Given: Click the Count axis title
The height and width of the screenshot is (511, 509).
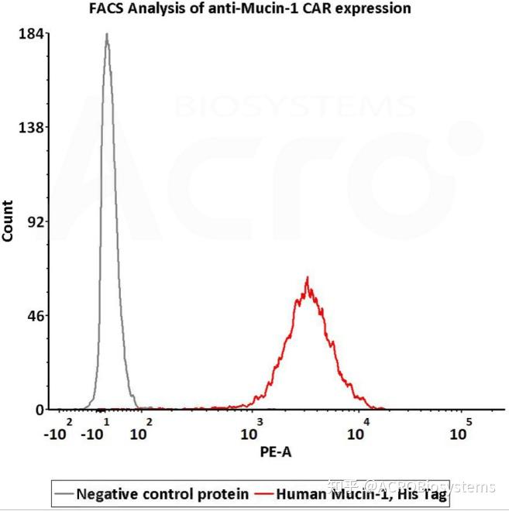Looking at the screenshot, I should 9,221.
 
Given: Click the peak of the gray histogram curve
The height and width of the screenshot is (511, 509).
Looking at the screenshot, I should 106,35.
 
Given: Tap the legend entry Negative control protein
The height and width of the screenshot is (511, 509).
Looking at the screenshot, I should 163,493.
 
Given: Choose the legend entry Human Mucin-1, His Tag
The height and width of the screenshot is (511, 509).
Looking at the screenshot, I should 362,493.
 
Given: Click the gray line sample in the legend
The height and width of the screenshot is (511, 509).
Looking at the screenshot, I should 64,493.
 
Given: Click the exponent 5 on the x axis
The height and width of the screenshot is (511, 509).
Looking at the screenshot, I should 468,421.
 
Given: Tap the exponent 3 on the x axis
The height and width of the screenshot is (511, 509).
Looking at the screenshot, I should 260,421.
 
